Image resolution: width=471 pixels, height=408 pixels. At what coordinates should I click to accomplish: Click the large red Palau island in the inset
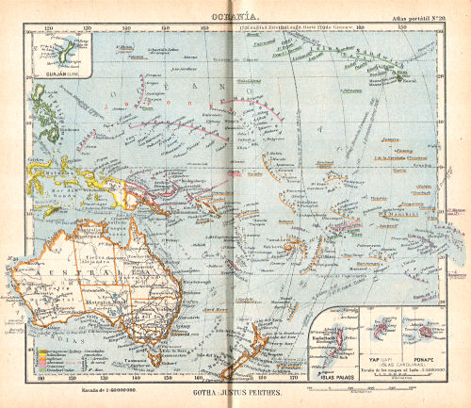[339, 341]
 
